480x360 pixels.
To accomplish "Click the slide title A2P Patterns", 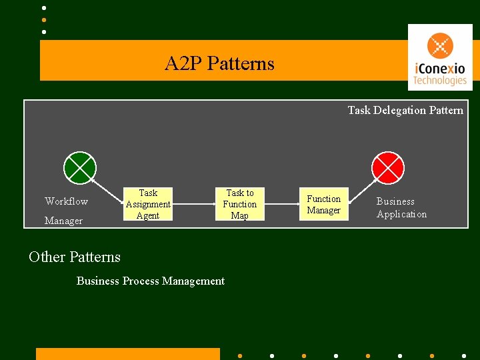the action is (x=219, y=63).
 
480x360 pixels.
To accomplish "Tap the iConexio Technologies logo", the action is (x=439, y=57).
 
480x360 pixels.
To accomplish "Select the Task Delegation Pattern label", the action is (x=405, y=110).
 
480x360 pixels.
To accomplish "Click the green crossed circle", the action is (x=80, y=167).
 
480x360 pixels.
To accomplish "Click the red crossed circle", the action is (x=387, y=167).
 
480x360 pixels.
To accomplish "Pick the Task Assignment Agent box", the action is (x=148, y=204).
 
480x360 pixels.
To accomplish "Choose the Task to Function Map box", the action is (x=239, y=204).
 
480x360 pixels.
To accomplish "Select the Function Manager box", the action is (x=323, y=205).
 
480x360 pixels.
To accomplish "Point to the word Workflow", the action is (x=66, y=201).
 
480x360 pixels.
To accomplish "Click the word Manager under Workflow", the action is (x=63, y=221).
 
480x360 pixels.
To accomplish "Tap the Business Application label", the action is (x=401, y=207).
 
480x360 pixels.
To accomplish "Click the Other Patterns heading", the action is (x=75, y=257).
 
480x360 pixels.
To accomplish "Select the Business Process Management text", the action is (x=151, y=281).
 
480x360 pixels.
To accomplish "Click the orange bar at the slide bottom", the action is (x=127, y=353).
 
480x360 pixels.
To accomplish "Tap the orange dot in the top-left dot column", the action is (x=44, y=20).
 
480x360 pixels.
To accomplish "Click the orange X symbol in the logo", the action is (x=439, y=46).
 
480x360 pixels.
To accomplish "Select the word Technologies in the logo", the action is (x=439, y=81).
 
